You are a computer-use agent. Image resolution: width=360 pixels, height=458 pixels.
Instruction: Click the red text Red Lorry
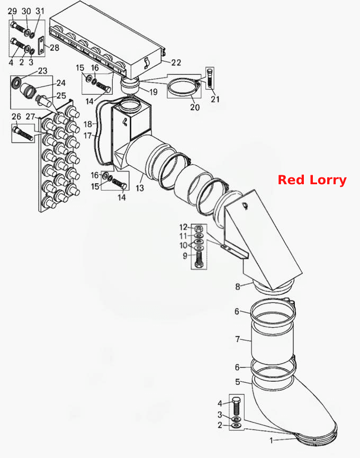pos(312,180)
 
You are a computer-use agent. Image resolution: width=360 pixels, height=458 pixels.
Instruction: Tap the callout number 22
pos(176,62)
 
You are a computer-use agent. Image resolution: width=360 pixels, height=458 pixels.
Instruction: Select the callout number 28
pos(55,47)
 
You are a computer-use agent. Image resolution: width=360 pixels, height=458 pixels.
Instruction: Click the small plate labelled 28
pos(41,46)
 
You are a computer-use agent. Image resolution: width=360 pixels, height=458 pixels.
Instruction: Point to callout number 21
pos(215,99)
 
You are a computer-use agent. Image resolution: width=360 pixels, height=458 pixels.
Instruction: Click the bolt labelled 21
pos(210,78)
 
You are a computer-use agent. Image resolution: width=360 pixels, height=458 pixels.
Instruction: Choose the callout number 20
pos(195,107)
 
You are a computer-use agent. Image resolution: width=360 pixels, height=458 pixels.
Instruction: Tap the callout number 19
pos(154,92)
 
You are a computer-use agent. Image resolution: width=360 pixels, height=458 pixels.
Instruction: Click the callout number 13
pos(140,188)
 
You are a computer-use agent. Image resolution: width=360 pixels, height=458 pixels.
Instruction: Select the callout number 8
pos(238,286)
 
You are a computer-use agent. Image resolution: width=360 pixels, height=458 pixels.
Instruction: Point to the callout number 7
pos(238,339)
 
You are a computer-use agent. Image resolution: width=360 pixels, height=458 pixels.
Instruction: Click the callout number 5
pos(238,382)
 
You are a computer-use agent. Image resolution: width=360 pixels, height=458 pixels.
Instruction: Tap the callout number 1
pos(271,440)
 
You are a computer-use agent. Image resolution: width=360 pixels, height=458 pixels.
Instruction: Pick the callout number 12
pos(183,227)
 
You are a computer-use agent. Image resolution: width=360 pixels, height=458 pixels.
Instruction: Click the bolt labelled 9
pos(198,259)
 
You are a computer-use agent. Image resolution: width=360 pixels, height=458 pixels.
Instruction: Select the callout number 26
pos(16,116)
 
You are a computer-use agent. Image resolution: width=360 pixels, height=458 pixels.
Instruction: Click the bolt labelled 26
pos(22,132)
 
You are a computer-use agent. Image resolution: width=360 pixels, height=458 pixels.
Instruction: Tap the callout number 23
pos(43,71)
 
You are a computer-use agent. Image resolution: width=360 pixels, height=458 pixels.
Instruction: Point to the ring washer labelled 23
pos(16,82)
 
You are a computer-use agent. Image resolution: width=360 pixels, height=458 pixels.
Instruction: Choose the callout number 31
pos(40,11)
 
